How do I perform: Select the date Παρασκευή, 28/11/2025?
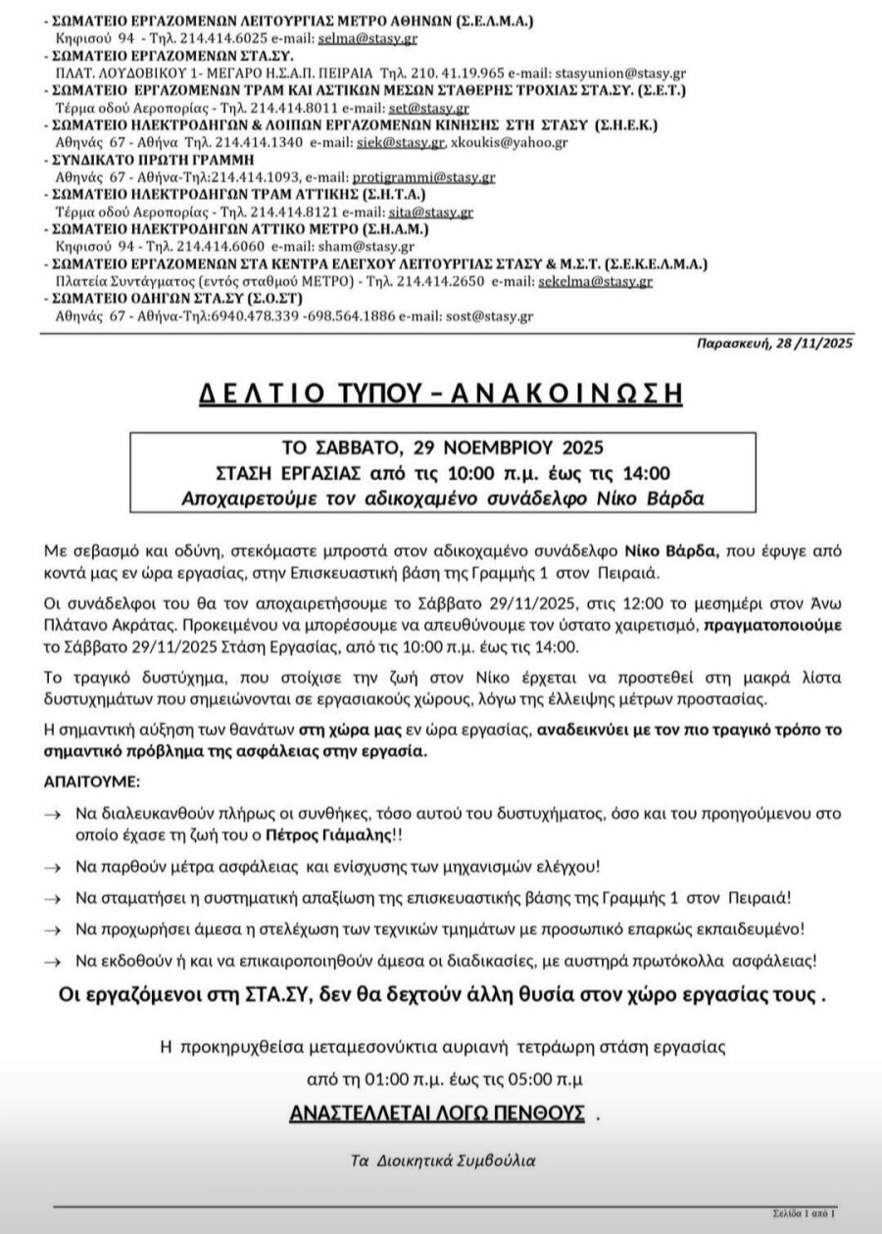774,344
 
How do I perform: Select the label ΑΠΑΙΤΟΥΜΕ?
91,783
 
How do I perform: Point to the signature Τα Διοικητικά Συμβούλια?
443,1160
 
